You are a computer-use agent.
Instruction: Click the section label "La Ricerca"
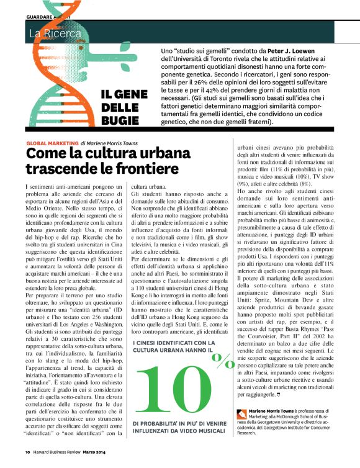click(x=55, y=32)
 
